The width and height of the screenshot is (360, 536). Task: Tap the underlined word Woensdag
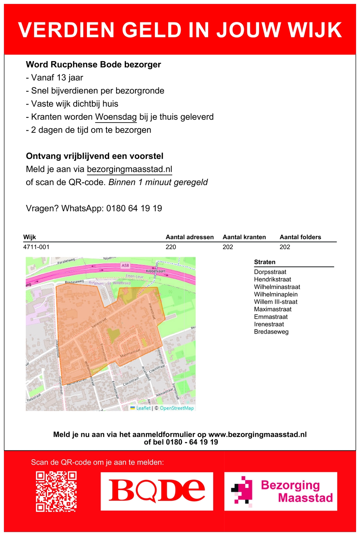pos(116,117)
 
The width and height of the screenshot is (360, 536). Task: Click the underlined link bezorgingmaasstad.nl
pos(130,170)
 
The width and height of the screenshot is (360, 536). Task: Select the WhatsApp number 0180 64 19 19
pos(134,208)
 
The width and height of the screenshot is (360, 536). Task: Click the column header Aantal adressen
pos(189,237)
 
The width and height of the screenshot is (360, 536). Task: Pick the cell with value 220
pos(171,247)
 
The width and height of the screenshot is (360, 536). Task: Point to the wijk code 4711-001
pos(36,247)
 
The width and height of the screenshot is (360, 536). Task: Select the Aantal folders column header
pos(300,237)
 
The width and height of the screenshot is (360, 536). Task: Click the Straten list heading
pos(265,262)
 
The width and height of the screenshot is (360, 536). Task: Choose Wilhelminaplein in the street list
pos(275,294)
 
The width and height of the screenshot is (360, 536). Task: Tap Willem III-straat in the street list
pos(275,302)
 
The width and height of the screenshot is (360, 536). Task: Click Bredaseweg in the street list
pos(271,332)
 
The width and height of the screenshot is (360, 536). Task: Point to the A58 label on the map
pos(125,265)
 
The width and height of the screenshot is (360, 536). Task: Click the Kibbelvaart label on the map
pos(155,271)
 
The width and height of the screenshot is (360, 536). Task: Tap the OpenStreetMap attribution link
pos(177,408)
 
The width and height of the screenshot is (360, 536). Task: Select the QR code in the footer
pos(56,491)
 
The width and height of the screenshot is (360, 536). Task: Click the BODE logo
pos(157,491)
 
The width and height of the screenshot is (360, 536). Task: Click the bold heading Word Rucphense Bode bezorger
pos(93,65)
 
